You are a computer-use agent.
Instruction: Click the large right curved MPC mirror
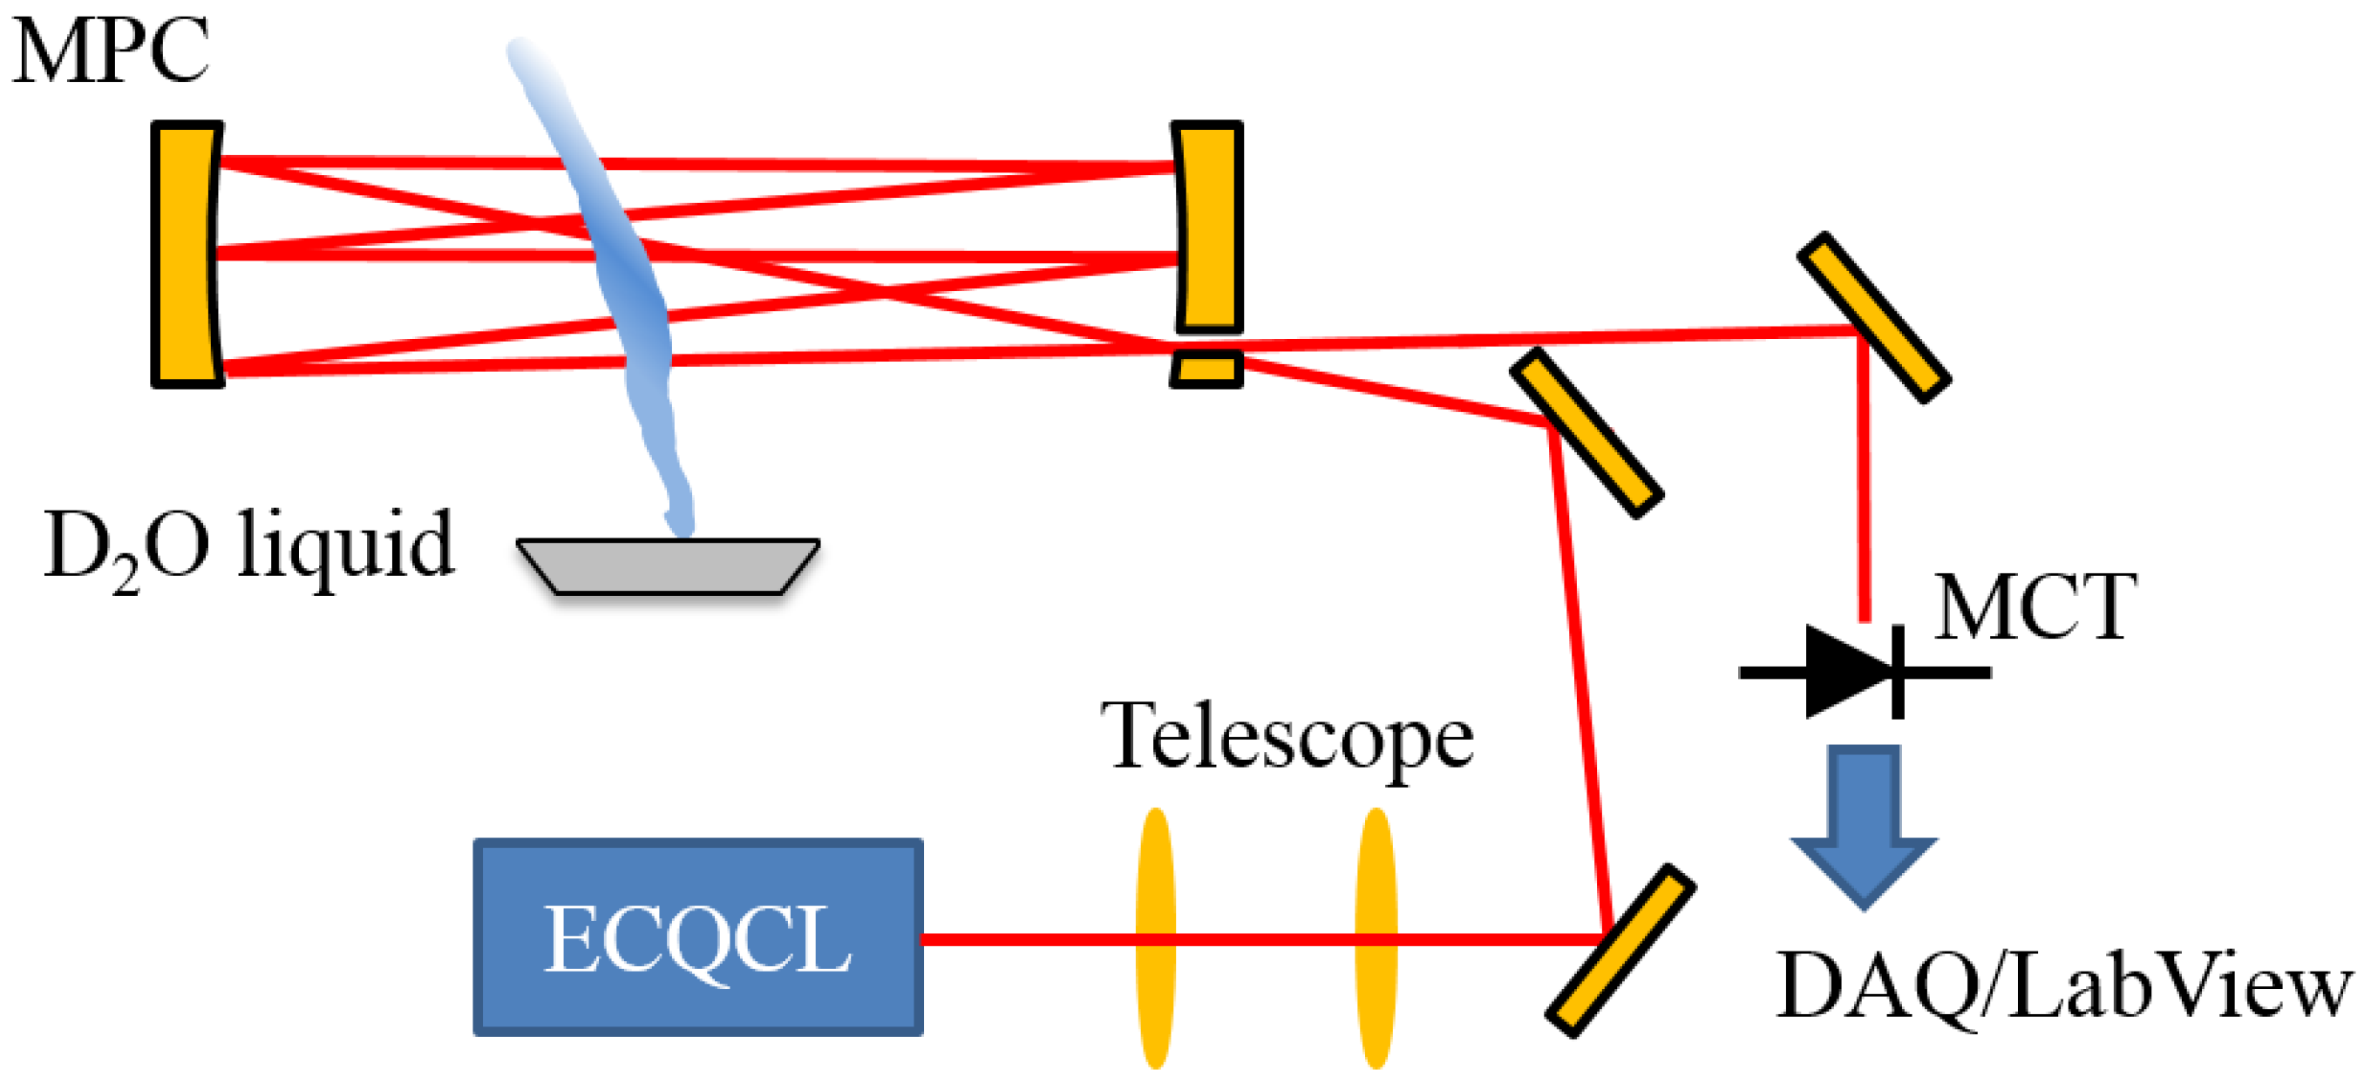(1207, 227)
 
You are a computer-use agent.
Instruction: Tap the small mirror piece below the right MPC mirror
(1206, 369)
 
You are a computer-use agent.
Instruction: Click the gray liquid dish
(669, 565)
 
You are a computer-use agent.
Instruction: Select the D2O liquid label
(248, 547)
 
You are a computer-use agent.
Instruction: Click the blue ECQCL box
(697, 938)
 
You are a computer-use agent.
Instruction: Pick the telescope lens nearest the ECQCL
(1155, 938)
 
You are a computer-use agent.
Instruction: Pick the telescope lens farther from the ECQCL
(1376, 938)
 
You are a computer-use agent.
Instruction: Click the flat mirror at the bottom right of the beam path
(1620, 951)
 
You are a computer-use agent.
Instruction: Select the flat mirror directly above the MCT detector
(1874, 317)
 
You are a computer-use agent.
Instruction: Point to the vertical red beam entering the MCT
(1863, 478)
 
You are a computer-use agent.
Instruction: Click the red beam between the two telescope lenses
(1266, 938)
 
